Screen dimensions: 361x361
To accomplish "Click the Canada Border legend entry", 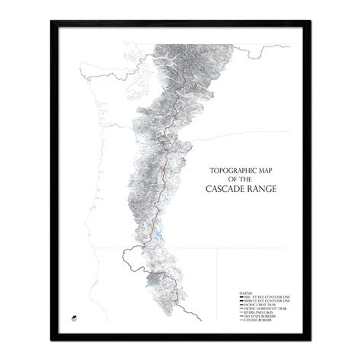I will (232, 322).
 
